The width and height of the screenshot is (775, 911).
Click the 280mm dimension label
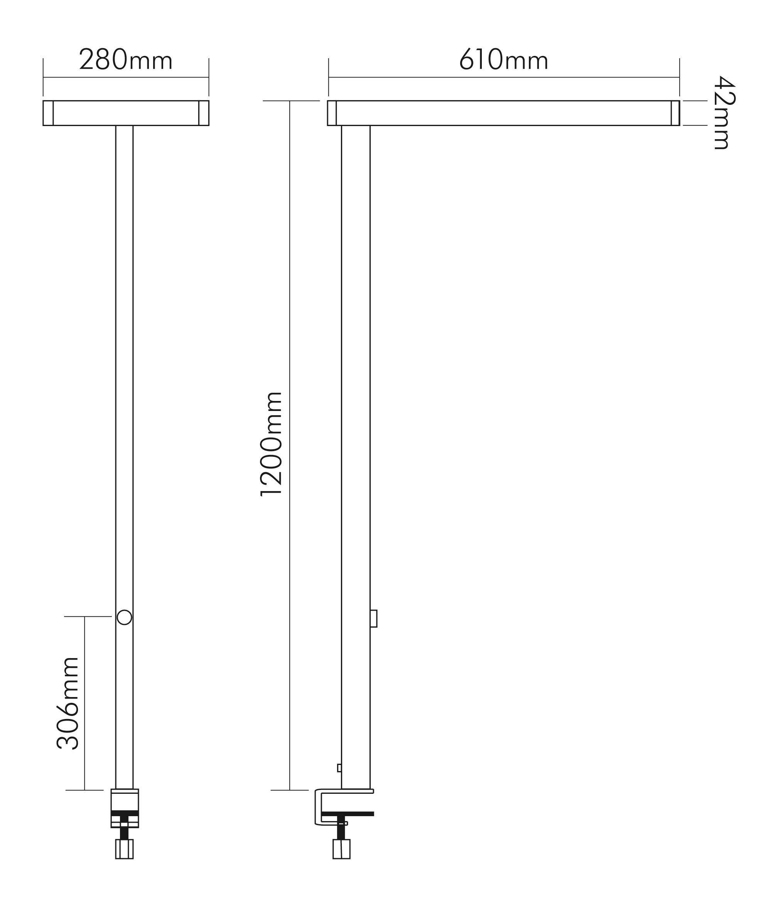tap(126, 59)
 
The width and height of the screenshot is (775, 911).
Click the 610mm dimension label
tap(503, 59)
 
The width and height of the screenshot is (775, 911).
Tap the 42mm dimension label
tap(723, 113)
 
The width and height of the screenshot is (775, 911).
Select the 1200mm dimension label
tap(271, 444)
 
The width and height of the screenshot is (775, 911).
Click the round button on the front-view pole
tap(124, 617)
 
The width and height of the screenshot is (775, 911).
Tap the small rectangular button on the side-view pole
tap(373, 618)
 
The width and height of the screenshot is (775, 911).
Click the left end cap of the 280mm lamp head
tap(48, 113)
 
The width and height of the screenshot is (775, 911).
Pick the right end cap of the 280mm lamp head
tap(204, 113)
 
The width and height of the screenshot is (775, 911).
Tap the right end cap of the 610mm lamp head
tap(675, 113)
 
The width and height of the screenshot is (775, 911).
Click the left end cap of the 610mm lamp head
tap(332, 113)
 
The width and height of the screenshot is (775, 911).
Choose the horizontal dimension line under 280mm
tap(126, 77)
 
